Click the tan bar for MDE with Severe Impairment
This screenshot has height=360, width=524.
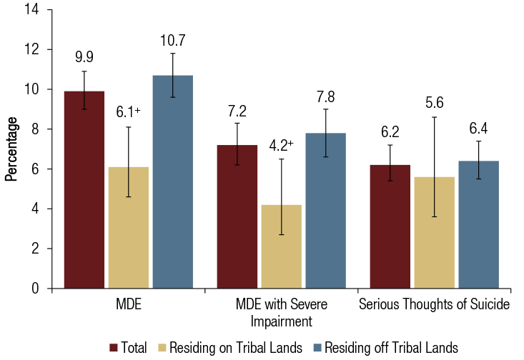[x=281, y=246]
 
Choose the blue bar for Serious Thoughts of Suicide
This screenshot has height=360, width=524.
[x=478, y=224]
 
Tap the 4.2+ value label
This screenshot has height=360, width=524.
[x=281, y=146]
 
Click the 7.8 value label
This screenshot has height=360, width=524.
[x=325, y=96]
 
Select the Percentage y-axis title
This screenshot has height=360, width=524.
[x=11, y=149]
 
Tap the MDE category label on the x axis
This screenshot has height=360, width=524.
[x=129, y=305]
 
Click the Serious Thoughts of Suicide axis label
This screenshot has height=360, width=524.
[x=434, y=305]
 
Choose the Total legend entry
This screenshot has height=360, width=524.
[x=129, y=348]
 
